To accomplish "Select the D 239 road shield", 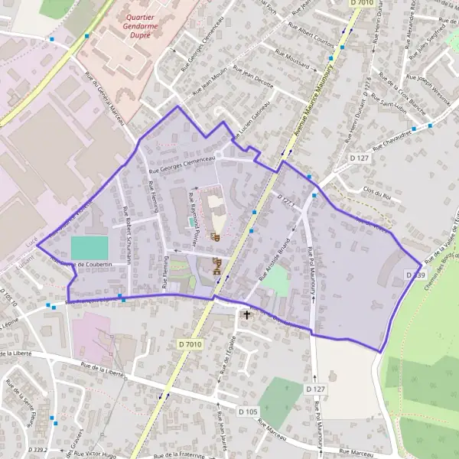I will (x=415, y=275).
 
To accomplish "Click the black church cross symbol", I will (x=246, y=314).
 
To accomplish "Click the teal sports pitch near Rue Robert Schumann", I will (x=90, y=248).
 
